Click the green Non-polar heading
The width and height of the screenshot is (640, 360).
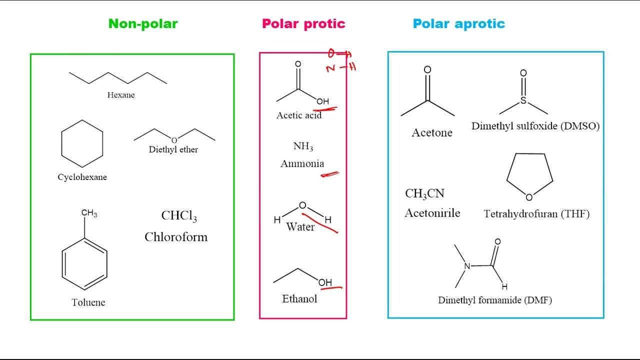click(x=143, y=23)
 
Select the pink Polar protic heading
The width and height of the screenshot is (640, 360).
click(x=303, y=23)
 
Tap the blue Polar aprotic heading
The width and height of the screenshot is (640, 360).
click(x=458, y=23)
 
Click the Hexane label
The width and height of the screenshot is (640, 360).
click(x=121, y=95)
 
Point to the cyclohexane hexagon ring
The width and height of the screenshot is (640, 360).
click(x=82, y=143)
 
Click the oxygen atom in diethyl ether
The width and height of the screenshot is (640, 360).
click(x=174, y=140)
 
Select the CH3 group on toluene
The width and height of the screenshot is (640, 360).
click(x=89, y=213)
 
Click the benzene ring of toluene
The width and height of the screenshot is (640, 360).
click(x=84, y=263)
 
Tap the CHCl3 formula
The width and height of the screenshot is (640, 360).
click(x=178, y=216)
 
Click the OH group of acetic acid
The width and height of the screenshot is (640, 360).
click(x=323, y=101)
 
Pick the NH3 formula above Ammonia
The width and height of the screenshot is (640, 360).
click(x=303, y=146)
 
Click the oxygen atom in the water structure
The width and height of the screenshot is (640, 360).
click(x=302, y=205)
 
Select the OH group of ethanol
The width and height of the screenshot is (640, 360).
click(x=325, y=282)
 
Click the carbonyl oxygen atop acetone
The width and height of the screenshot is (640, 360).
click(x=427, y=70)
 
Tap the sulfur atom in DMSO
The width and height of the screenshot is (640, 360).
click(x=523, y=101)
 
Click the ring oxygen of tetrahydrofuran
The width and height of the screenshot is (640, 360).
click(x=529, y=197)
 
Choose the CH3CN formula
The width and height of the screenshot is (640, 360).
click(x=424, y=194)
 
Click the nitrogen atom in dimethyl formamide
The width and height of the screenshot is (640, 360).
click(x=467, y=266)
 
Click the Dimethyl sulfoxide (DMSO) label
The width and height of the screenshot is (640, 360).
click(x=535, y=126)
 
